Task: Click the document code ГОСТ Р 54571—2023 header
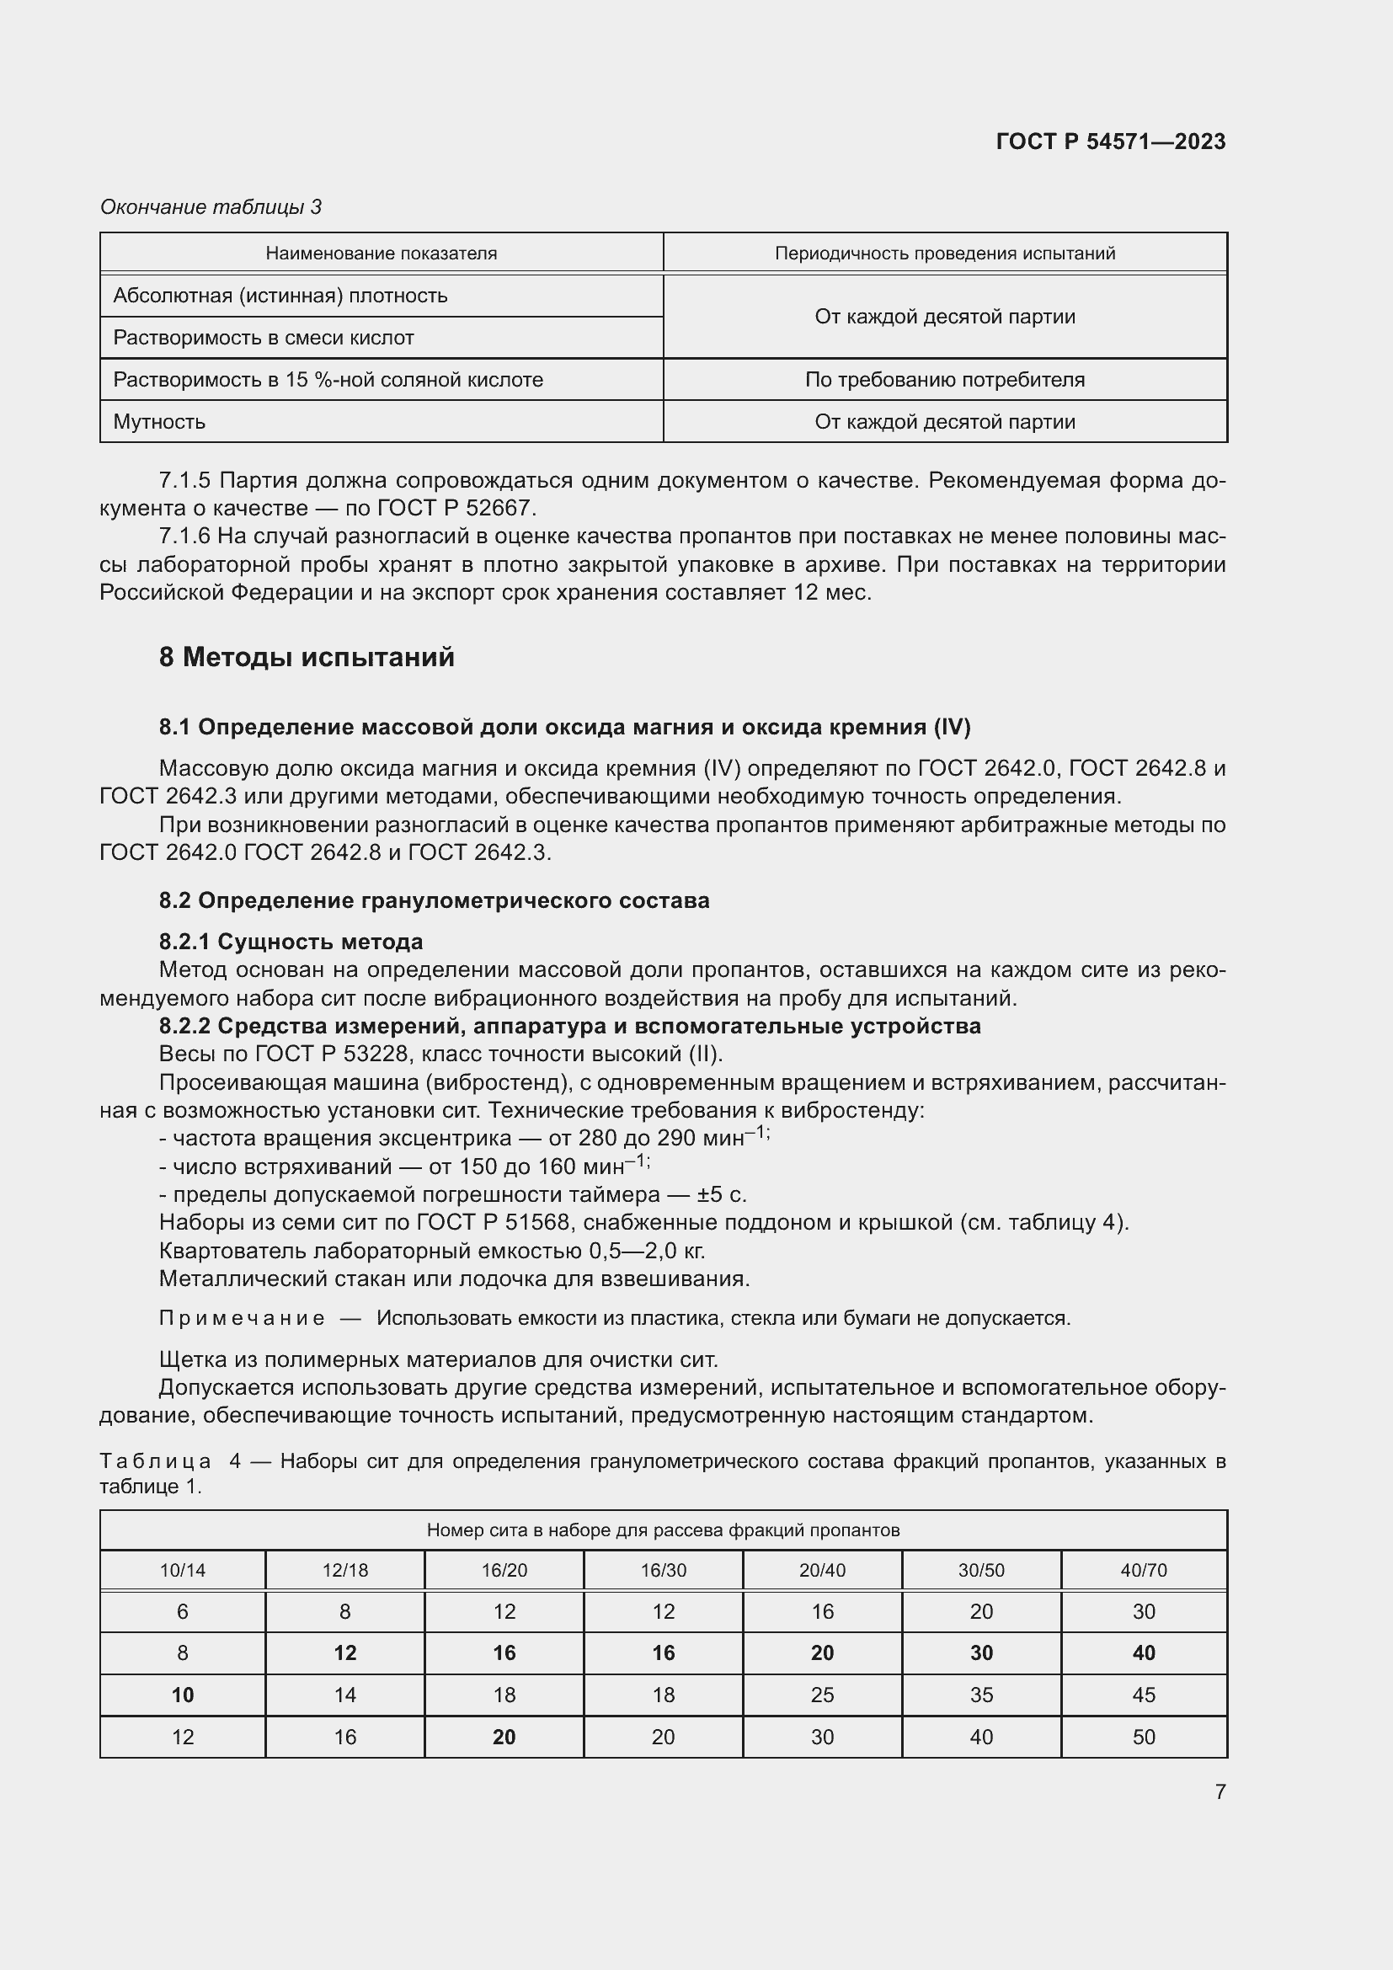tap(1111, 141)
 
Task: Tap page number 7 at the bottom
tap(1220, 1791)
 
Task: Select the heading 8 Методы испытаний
tap(307, 657)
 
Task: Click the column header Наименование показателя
tap(381, 254)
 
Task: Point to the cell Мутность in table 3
tap(159, 421)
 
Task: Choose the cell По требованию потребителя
tap(944, 379)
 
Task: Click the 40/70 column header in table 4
tap(1144, 1570)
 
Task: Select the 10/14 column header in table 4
tap(183, 1570)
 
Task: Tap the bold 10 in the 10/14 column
tap(183, 1695)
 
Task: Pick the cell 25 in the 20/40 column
tap(822, 1695)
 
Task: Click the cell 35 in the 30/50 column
tap(981, 1695)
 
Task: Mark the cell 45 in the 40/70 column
tap(1144, 1695)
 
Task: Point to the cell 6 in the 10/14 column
tap(183, 1611)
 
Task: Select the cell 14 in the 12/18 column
tap(344, 1695)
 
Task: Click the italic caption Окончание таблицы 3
tap(211, 207)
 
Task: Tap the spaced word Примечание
tap(242, 1318)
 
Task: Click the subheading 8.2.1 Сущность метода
tap(291, 942)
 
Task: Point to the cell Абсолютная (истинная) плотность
tap(280, 295)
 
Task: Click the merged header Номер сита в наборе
tap(662, 1530)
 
